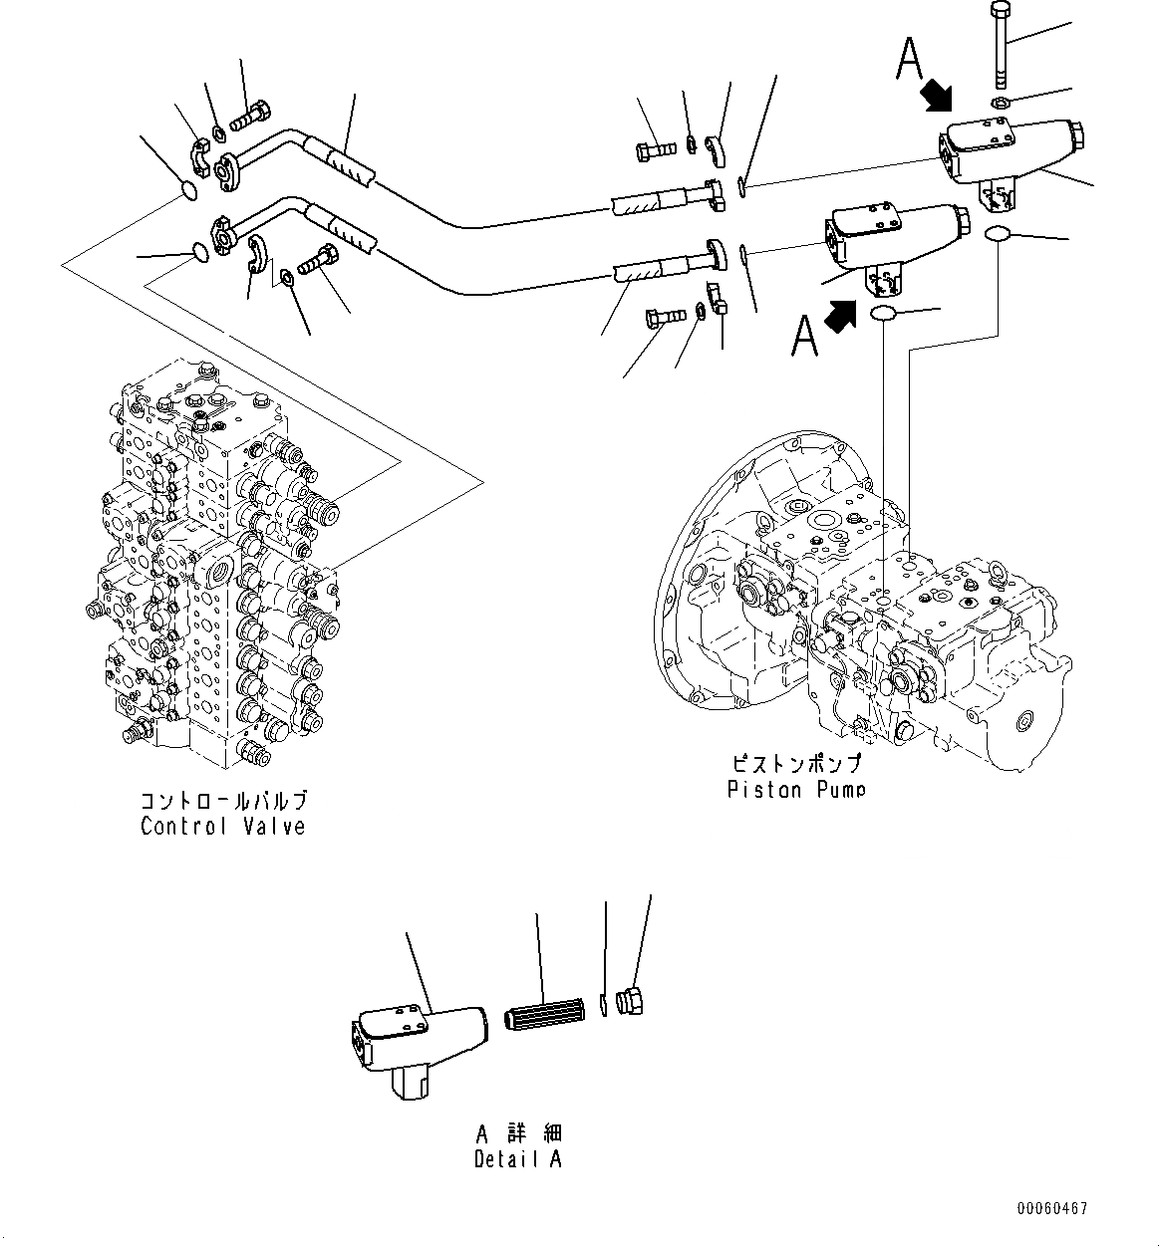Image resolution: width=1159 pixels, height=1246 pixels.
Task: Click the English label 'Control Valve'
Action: point(222,827)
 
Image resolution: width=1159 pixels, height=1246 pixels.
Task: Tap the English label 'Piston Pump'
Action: point(795,790)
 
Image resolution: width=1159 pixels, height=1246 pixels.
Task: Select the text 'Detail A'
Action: point(517,1159)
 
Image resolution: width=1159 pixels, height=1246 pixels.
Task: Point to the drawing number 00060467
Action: point(1052,1209)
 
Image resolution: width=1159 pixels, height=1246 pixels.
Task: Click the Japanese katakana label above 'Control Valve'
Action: point(223,801)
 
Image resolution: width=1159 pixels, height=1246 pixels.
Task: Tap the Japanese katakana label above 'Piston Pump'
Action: point(795,765)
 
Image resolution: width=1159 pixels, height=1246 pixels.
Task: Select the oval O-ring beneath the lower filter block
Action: point(883,314)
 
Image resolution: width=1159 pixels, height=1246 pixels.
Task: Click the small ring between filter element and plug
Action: point(604,1006)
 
